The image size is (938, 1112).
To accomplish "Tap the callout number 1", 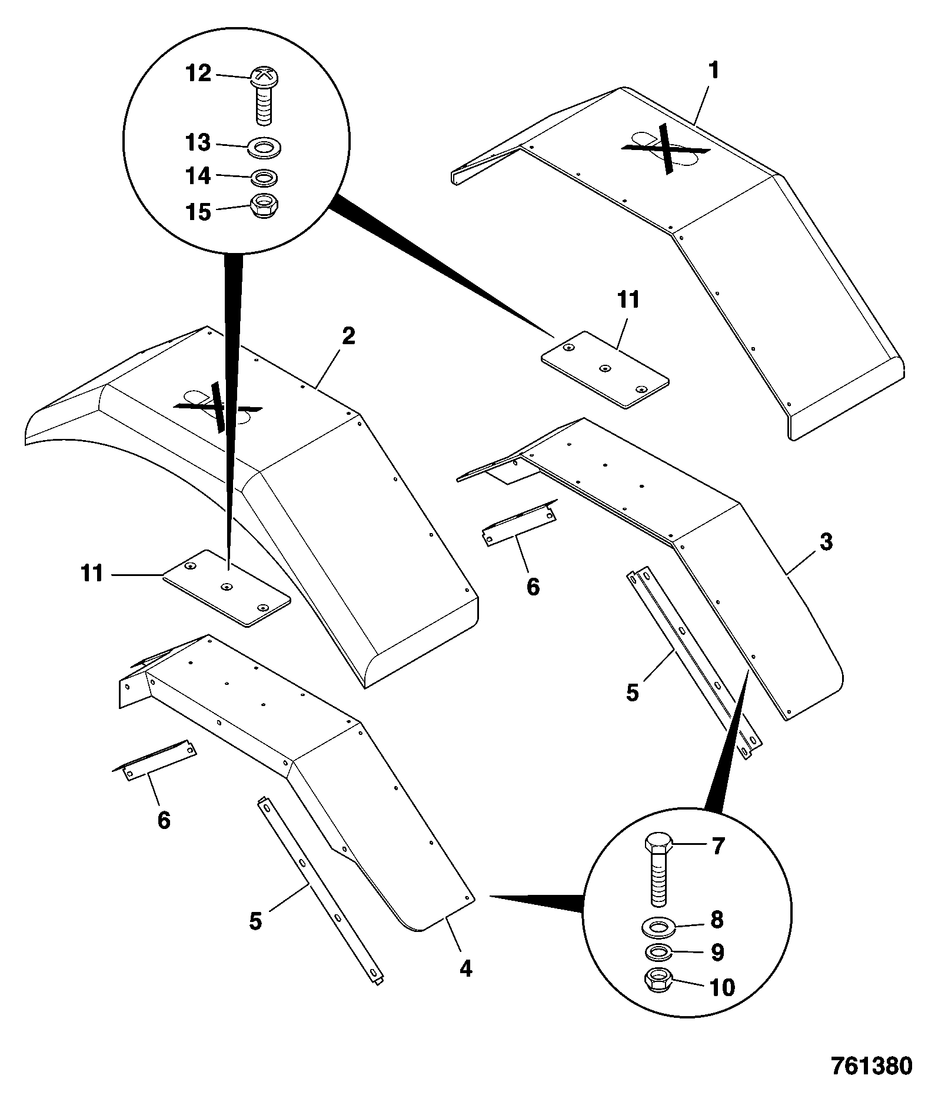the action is click(x=713, y=71).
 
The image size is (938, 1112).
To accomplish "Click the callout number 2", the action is click(x=348, y=337).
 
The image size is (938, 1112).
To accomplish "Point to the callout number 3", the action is click(x=826, y=542).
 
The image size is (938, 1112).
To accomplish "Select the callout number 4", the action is click(x=466, y=968).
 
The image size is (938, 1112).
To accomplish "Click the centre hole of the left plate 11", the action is click(x=227, y=587).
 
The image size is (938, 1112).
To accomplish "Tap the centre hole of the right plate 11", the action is click(x=604, y=368).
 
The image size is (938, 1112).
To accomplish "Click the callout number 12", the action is click(x=198, y=74).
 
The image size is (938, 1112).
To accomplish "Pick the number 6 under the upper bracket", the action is click(x=533, y=587).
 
